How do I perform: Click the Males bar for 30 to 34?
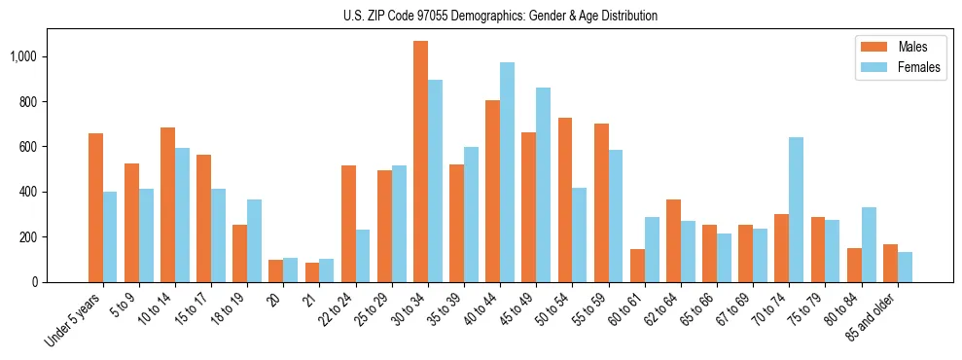point(420,162)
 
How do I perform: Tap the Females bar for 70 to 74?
point(796,209)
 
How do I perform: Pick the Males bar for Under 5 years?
point(95,207)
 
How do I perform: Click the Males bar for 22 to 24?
point(348,224)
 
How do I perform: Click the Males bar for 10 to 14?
point(167,204)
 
